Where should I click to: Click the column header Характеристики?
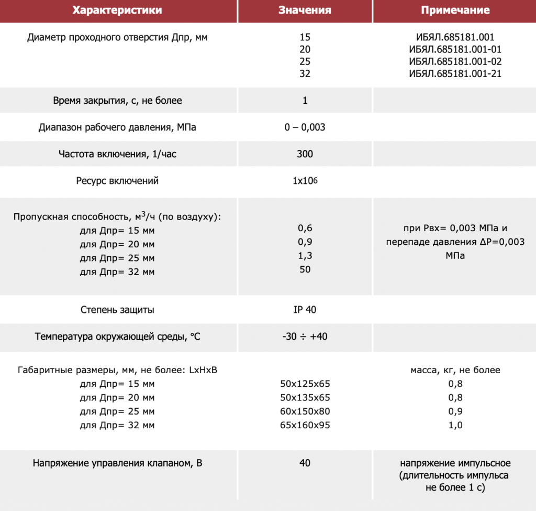coord(117,10)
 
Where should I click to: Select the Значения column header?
coord(305,10)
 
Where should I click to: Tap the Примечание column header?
coord(455,10)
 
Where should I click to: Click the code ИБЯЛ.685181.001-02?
coord(455,62)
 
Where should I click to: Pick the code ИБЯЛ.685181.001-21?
coord(455,74)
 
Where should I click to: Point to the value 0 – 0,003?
coord(305,127)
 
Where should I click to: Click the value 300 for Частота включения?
coord(305,154)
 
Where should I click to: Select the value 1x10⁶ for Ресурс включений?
coord(305,181)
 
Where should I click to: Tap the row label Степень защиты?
coord(117,310)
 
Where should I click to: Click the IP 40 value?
coord(305,310)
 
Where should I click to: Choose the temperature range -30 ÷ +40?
coord(305,336)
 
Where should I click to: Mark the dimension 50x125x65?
coord(305,384)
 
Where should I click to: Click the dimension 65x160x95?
coord(305,425)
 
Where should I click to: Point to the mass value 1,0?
coord(455,425)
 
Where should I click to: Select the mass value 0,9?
coord(455,411)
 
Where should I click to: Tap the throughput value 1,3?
coord(305,256)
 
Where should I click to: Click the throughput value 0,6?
coord(305,229)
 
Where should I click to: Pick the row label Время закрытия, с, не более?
coord(117,101)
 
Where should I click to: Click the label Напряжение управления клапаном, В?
coord(117,463)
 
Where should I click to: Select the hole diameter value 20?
coord(305,50)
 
